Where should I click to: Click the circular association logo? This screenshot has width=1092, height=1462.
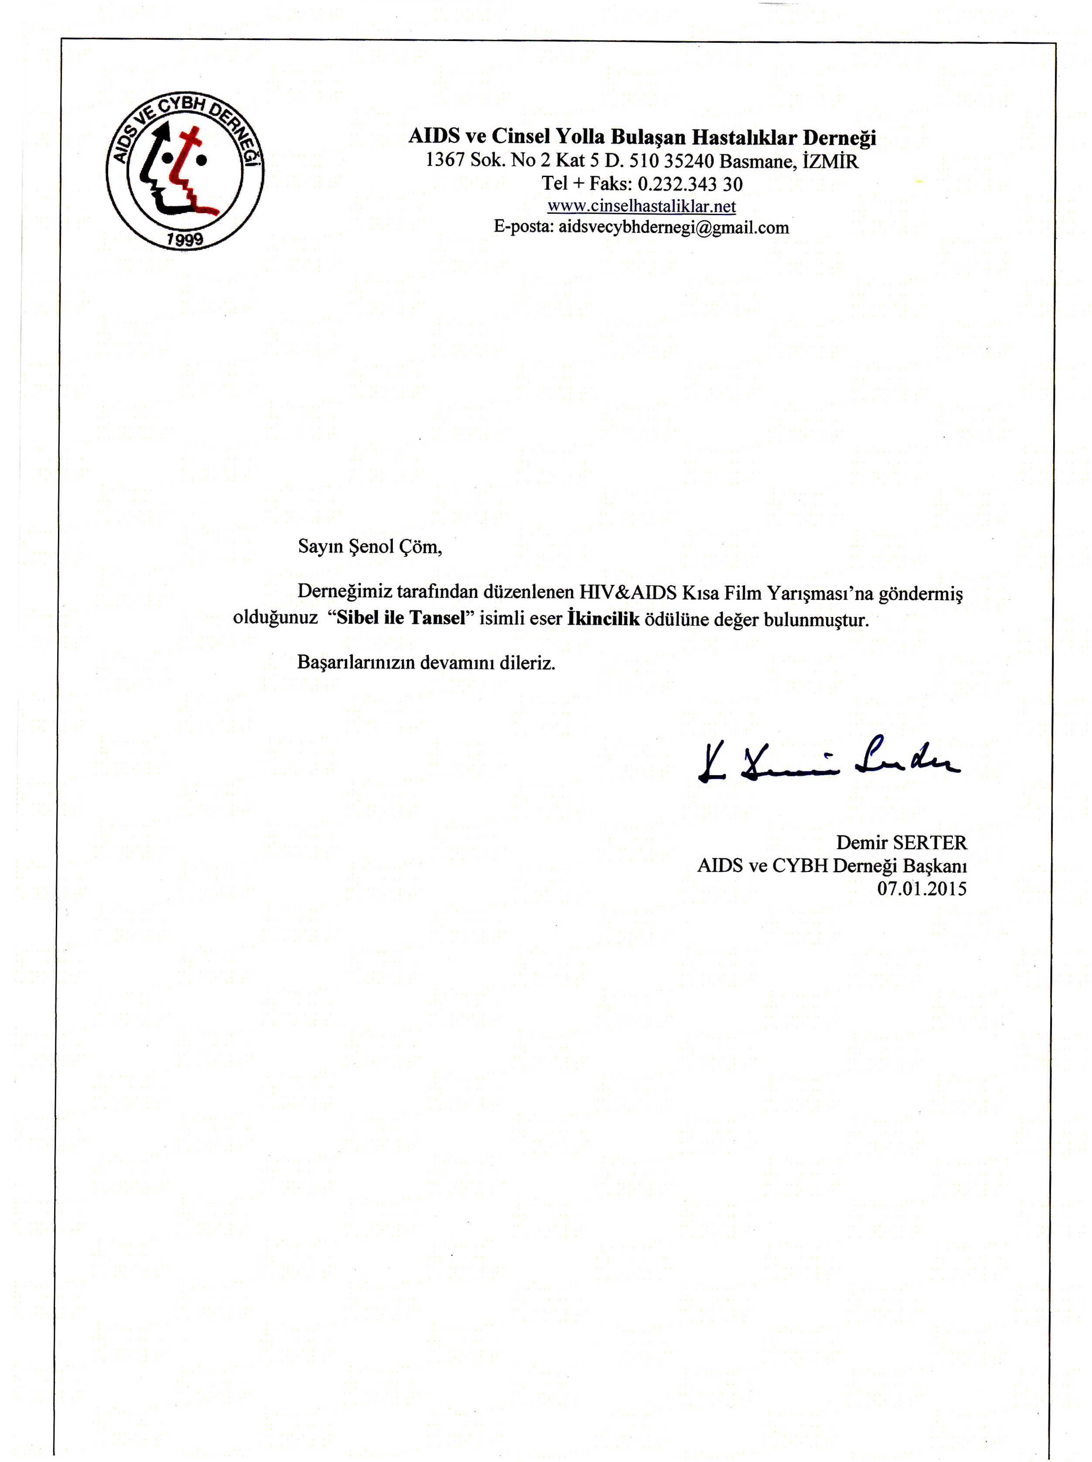coord(184,171)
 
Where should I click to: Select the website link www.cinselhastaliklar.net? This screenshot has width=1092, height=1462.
coord(641,206)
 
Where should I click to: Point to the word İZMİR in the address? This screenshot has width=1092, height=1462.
coord(830,161)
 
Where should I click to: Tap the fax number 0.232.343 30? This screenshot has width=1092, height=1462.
coord(690,184)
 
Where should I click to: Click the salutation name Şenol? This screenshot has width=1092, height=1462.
coord(372,547)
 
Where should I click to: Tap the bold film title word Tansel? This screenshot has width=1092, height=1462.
coord(437,618)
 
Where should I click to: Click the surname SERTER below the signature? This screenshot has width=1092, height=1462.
coord(929,843)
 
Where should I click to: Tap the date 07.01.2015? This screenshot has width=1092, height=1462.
coord(921,888)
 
